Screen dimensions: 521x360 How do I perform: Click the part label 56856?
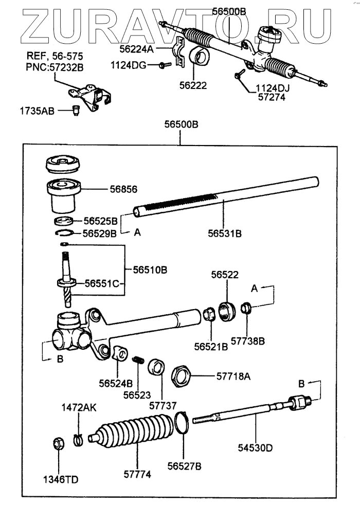point(123,189)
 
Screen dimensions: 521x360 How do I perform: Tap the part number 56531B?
point(225,233)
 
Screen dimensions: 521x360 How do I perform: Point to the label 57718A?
point(233,376)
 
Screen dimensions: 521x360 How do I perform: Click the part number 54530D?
point(255,447)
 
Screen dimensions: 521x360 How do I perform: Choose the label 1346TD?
point(61,480)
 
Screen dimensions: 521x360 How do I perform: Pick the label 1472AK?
point(79,407)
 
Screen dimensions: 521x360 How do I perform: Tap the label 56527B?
point(184,466)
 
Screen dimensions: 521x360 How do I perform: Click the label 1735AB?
point(37,110)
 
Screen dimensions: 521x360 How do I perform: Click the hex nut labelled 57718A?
point(181,376)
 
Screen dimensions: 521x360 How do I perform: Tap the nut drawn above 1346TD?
point(58,443)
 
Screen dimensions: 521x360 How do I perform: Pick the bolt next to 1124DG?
point(163,65)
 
